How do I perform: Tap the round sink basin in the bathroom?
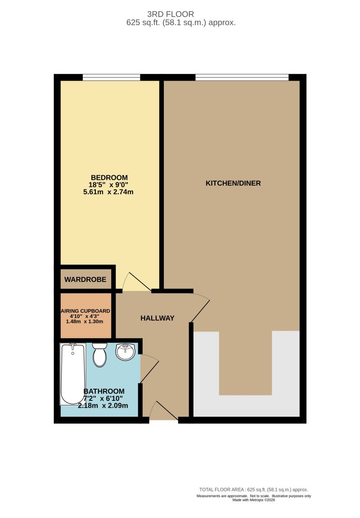126,352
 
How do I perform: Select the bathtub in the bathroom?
72,373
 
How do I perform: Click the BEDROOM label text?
109,177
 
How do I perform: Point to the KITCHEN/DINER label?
233,183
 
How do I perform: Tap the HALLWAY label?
157,318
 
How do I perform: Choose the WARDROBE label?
85,280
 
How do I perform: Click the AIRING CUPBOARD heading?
85,311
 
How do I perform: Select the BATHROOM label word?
104,391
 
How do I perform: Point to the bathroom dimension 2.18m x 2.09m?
103,405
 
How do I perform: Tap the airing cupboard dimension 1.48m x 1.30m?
85,322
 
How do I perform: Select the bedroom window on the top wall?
111,77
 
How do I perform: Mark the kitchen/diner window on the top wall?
242,77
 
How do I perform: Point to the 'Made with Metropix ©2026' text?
253,500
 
